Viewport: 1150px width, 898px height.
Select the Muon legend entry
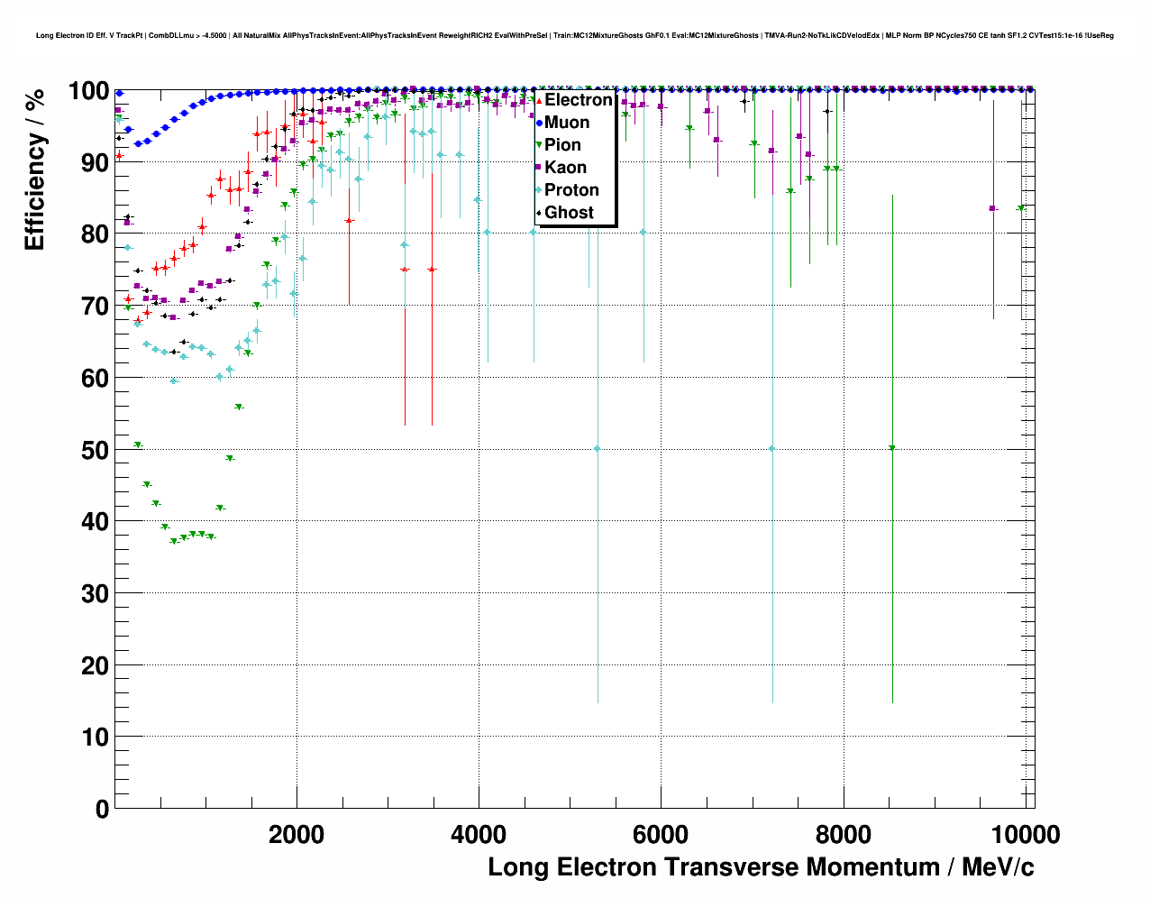(566, 123)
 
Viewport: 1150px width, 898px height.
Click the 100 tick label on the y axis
(88, 91)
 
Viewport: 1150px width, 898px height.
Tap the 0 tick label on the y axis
(102, 809)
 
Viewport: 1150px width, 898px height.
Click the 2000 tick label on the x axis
(297, 835)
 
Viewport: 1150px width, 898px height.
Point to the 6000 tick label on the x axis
(661, 835)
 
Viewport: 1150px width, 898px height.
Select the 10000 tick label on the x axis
(1024, 835)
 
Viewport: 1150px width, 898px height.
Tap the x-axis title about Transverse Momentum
(761, 867)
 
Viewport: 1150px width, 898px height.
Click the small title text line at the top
(575, 36)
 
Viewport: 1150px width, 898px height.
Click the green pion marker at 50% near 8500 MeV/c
(892, 448)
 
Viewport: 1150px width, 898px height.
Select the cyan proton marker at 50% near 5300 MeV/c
(598, 449)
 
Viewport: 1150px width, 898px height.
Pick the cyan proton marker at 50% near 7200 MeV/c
(772, 449)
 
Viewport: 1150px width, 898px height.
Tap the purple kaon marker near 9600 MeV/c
(993, 208)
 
